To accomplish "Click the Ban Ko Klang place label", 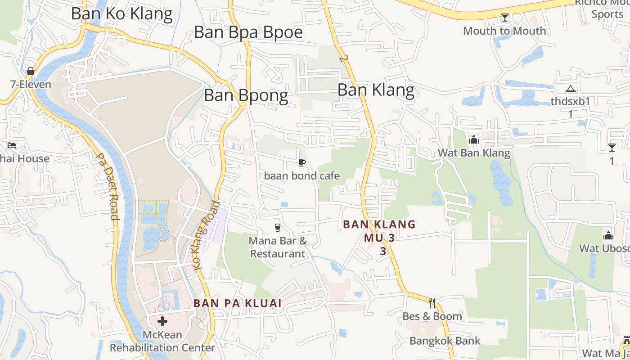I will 121,13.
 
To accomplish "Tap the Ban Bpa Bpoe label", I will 248,32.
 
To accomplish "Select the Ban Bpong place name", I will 246,95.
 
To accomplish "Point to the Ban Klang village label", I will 376,90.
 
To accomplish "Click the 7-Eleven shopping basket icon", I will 31,71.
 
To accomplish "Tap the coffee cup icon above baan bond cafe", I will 302,162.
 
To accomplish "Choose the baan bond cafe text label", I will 302,175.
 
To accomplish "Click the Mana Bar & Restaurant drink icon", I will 278,228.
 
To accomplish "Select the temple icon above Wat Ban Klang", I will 473,140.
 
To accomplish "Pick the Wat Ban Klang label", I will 474,153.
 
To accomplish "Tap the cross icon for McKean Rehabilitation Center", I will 162,321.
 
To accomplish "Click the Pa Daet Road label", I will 108,187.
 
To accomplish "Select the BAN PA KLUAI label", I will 238,303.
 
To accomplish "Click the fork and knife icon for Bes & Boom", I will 432,302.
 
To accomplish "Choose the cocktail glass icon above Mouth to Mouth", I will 504,18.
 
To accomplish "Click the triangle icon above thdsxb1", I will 570,89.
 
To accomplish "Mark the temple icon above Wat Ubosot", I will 608,235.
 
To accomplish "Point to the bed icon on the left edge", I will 12,145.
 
